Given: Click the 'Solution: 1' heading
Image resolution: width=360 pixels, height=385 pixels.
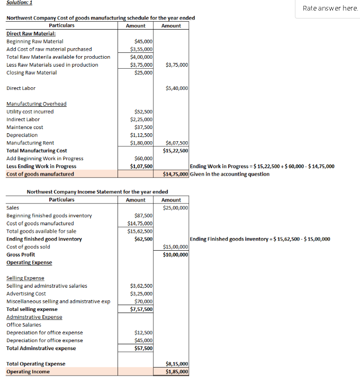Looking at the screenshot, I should point(19,3).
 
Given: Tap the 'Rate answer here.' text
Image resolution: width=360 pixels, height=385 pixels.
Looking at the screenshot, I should point(330,8).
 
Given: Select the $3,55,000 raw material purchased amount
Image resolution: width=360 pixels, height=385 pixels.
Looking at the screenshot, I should point(141,49).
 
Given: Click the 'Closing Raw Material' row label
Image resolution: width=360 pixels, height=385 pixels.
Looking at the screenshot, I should point(31,72).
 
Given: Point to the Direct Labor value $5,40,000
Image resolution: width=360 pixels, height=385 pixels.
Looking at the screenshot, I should point(177,88).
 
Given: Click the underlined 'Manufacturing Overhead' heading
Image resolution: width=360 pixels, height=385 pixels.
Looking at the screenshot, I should point(37,104).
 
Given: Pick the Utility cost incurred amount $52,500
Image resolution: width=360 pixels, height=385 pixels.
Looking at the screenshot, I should point(143,112).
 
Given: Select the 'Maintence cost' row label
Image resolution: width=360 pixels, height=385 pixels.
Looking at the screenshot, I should point(25,127).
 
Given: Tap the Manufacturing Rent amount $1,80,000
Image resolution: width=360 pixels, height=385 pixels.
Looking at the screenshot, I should point(141,143).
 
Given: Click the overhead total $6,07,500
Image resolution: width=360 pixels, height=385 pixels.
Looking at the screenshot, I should point(177,143).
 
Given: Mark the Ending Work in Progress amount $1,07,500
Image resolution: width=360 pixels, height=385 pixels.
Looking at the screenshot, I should point(141,167).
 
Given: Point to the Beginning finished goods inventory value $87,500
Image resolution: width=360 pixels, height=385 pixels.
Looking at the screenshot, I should point(143,216).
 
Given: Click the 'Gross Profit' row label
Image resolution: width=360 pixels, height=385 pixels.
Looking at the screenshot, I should point(21,255).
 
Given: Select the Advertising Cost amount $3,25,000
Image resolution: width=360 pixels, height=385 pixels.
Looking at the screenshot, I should point(141,294).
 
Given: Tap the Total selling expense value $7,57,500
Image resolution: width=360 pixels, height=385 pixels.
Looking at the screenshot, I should point(141,309).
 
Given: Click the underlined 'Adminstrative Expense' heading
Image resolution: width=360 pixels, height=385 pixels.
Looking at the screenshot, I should point(34,317).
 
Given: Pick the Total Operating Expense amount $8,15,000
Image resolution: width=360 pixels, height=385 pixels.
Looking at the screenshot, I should point(177,364).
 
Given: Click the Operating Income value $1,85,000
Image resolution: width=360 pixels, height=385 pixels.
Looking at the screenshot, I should point(177,372).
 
